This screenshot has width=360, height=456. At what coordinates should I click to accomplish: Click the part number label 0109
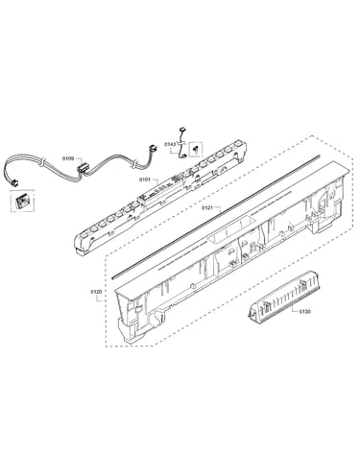(x=67, y=158)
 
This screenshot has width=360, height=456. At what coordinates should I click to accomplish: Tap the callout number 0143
(x=170, y=144)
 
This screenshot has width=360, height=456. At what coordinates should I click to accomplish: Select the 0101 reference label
(x=145, y=180)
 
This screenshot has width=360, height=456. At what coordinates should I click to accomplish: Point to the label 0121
(x=207, y=207)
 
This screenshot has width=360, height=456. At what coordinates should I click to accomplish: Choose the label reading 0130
(x=305, y=311)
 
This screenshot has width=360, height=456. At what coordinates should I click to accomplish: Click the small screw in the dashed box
(x=195, y=149)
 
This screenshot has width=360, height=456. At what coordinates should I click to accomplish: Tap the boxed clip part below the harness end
(x=22, y=202)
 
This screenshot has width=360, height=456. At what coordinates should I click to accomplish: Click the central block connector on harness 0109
(x=84, y=168)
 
